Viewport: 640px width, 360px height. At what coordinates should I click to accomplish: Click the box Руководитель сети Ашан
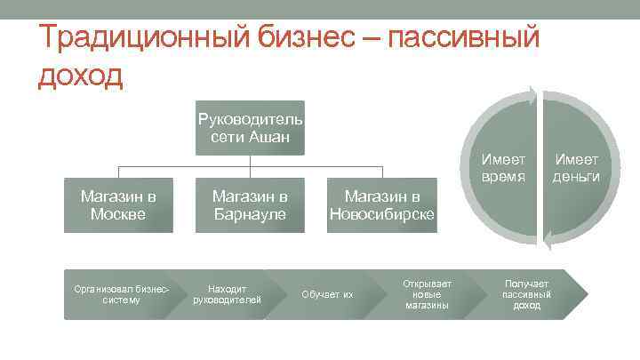(x=250, y=128)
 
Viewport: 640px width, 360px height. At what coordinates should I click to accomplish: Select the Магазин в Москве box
(x=118, y=205)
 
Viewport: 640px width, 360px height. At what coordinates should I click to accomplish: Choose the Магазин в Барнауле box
(x=250, y=205)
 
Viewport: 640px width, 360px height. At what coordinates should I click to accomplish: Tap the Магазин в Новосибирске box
(x=381, y=205)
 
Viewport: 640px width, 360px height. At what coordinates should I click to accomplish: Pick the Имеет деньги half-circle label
(x=576, y=168)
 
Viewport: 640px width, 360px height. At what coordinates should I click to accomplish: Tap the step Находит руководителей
(x=227, y=293)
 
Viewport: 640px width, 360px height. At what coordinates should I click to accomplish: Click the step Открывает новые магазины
(x=428, y=293)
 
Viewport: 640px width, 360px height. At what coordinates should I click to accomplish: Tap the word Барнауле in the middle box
(x=250, y=214)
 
